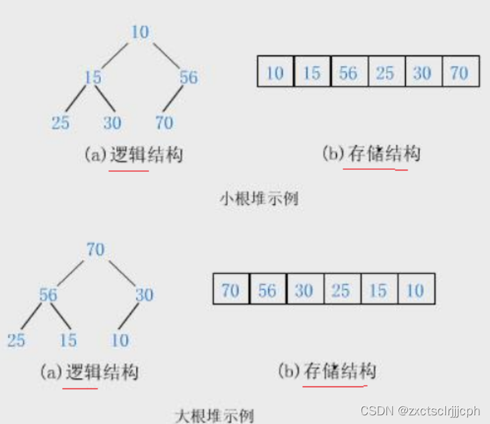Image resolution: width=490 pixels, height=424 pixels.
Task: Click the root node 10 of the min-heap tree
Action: tap(140, 31)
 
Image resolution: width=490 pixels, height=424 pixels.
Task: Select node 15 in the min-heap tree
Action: tap(92, 77)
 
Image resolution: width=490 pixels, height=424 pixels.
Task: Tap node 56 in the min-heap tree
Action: tap(189, 77)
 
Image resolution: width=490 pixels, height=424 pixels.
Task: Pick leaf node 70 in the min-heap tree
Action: tap(164, 122)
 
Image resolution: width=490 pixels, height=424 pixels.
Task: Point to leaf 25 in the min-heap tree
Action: tap(61, 122)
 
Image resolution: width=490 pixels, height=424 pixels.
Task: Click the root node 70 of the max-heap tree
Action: tap(96, 249)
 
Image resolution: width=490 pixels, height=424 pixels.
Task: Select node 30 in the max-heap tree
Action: tap(144, 294)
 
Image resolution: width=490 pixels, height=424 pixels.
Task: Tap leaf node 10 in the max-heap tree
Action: tap(120, 340)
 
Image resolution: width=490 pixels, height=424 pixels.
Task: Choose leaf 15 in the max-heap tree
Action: tap(68, 340)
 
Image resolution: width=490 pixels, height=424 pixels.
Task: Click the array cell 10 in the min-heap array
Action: tap(275, 72)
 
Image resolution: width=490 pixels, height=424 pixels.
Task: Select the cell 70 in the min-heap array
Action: tap(459, 72)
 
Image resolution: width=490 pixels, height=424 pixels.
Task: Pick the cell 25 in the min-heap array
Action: tap(385, 72)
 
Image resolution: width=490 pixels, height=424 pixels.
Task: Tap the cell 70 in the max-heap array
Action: tap(231, 290)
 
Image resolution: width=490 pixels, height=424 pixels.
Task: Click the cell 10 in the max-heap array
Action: tap(415, 290)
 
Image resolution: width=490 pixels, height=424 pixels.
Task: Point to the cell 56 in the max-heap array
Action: tap(267, 290)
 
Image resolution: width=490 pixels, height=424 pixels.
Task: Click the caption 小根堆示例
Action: tap(259, 199)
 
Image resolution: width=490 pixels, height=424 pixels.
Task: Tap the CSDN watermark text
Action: tap(420, 409)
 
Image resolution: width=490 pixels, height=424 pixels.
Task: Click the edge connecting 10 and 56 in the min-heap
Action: tap(165, 54)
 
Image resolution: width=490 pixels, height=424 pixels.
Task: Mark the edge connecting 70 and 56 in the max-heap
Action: tap(72, 272)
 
